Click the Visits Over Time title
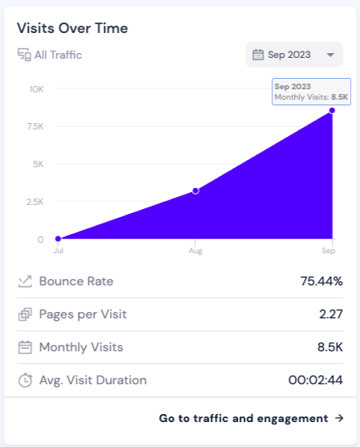(72, 28)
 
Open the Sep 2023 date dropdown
(294, 55)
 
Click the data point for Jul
(58, 239)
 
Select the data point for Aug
(195, 191)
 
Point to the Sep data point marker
(332, 111)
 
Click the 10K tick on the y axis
(36, 88)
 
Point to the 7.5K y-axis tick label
(35, 126)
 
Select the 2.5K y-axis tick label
(35, 202)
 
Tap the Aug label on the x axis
(194, 252)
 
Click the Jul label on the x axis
(58, 252)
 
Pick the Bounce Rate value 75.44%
(321, 281)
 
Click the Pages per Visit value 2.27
(330, 314)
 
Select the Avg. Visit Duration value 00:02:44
(316, 380)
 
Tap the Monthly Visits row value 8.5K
(329, 347)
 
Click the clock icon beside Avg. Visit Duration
(25, 380)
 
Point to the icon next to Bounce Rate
(25, 281)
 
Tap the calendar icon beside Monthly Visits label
(25, 347)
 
